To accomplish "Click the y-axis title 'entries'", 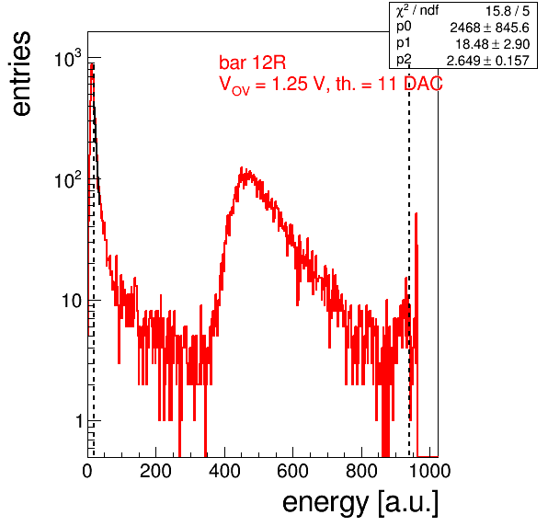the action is (22, 74).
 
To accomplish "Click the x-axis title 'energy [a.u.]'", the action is (360, 503).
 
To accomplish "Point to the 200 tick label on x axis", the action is (155, 471).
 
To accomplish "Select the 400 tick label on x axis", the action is (224, 471).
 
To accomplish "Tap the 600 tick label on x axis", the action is (293, 471).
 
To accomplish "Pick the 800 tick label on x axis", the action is (361, 471).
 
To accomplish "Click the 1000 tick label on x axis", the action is (429, 471).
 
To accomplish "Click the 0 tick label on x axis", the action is (87, 471).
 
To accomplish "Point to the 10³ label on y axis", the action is (68, 58).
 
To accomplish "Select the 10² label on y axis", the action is (68, 180).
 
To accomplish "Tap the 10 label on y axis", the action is (72, 301).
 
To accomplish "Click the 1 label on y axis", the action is (79, 421).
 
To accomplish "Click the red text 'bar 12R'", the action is (252, 63).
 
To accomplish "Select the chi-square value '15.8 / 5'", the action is (508, 11).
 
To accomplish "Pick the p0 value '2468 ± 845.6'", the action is (490, 28).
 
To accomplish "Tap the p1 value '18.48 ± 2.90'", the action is (493, 44).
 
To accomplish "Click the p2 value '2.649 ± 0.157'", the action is (488, 61).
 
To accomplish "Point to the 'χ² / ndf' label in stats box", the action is (417, 10).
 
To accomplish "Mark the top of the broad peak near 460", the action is (242, 167).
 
